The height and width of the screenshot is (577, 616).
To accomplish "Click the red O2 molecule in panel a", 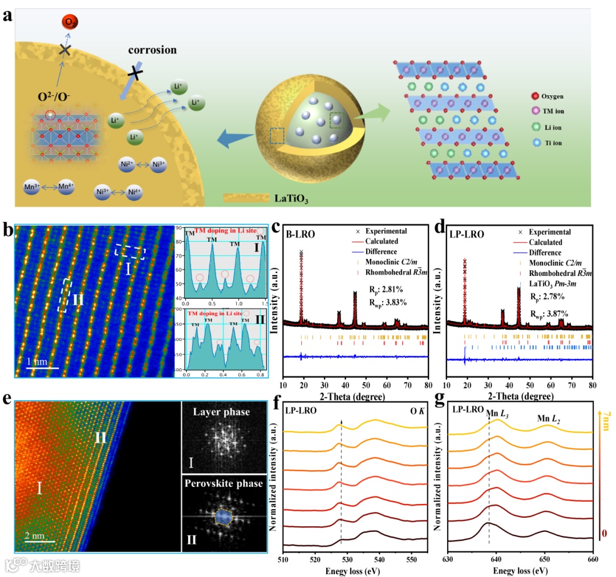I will click(x=70, y=23).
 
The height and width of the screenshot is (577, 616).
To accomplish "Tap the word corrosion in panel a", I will click(x=152, y=50).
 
